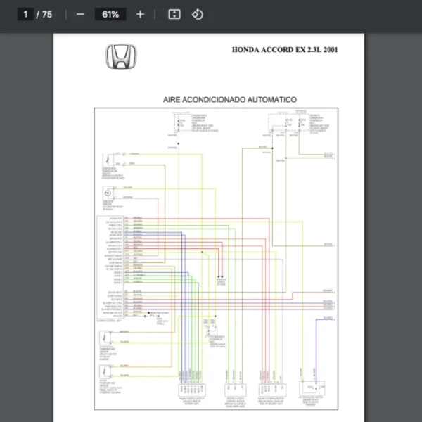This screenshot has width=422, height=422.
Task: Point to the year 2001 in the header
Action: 329,50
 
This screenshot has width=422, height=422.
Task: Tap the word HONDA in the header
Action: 246,50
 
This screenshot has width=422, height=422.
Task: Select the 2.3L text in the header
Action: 309,50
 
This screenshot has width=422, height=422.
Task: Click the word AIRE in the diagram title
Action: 174,100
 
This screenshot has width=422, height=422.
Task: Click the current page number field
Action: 25,14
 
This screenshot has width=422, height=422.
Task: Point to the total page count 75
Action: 47,14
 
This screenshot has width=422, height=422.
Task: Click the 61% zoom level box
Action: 110,14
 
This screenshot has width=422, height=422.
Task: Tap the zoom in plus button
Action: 140,14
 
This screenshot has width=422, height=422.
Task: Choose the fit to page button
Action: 175,14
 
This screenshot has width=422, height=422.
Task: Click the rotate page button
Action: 198,14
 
